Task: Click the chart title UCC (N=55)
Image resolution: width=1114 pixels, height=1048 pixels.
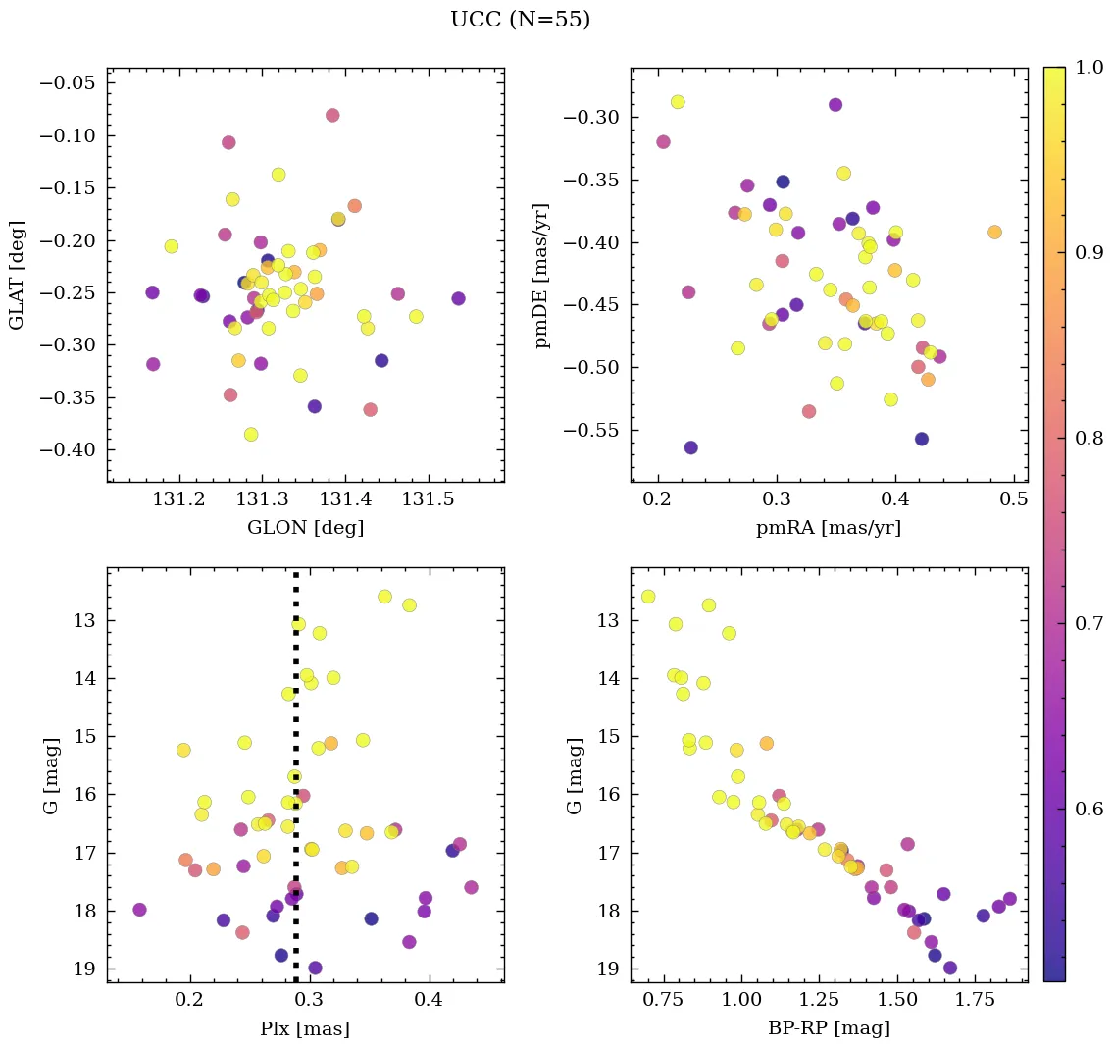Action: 520,20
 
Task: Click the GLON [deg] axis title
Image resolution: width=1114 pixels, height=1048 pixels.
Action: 305,528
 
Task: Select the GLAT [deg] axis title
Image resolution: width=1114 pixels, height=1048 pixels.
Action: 18,275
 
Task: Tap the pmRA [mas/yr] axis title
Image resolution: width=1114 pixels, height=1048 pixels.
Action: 828,528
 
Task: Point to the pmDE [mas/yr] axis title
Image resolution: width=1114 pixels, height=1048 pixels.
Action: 541,275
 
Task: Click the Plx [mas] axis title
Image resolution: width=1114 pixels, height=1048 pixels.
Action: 305,1028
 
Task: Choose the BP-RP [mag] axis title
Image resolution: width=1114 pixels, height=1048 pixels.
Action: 829,1028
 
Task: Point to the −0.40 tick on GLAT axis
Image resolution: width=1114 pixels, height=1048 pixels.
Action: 66,450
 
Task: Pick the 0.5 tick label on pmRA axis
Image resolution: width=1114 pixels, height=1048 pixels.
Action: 1013,500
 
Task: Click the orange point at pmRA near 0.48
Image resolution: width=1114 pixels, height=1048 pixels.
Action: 994,233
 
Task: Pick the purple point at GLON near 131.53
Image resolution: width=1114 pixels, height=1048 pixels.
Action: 458,298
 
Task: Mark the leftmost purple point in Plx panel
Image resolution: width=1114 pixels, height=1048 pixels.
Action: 139,910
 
